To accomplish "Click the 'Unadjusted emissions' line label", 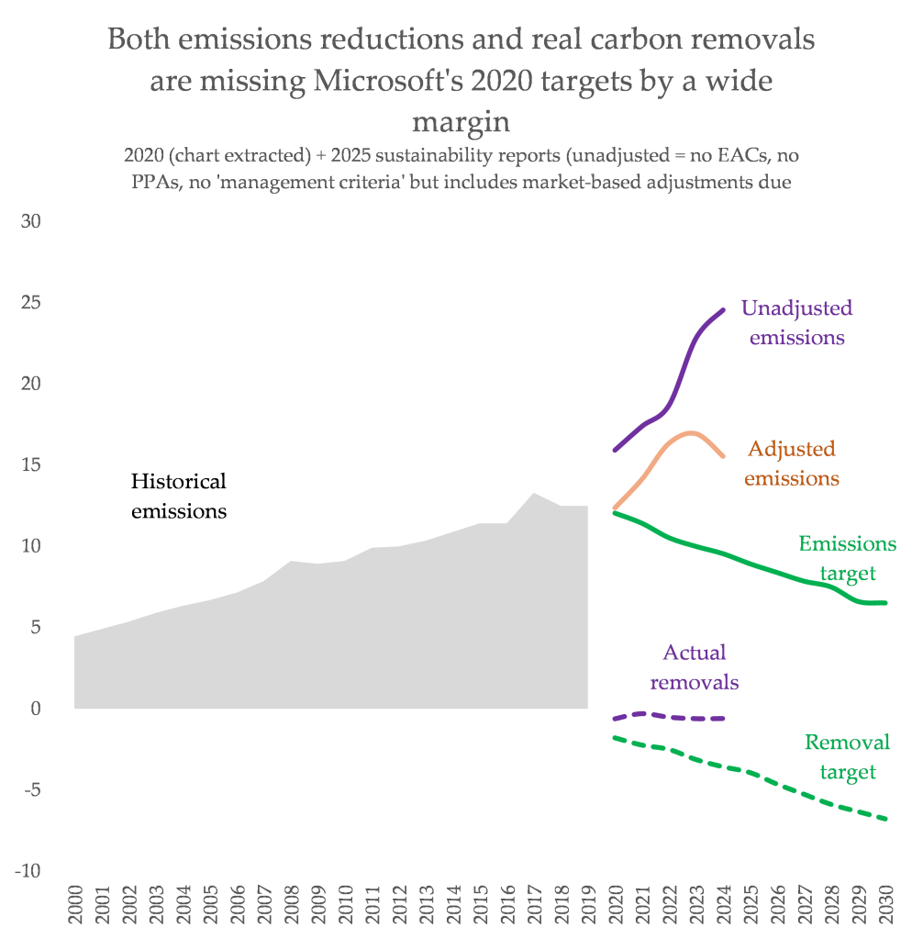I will tap(796, 322).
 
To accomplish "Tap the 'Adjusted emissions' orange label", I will tap(791, 464).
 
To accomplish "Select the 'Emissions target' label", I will tap(847, 558).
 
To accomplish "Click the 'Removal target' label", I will tap(847, 756).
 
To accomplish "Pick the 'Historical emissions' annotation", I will tap(178, 496).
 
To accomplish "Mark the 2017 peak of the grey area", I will tap(534, 493).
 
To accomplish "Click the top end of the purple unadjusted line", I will tap(723, 310).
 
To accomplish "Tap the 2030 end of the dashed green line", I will tap(886, 819).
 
